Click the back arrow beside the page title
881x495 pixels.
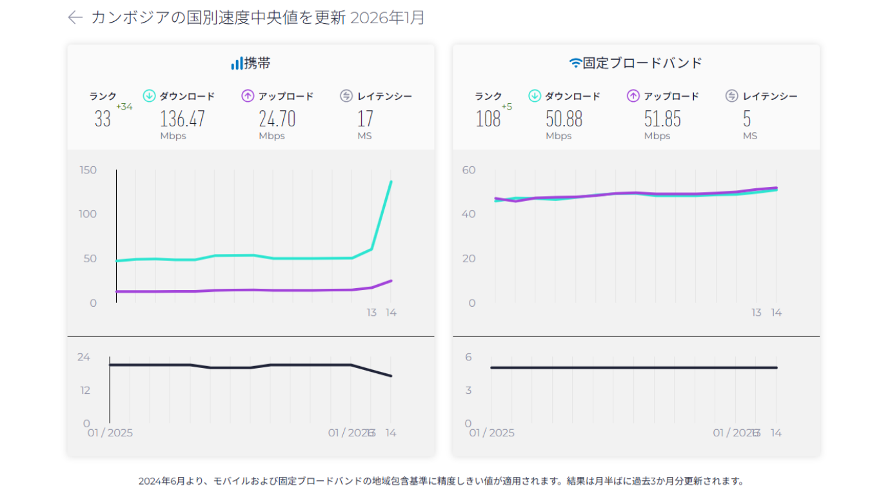(75, 17)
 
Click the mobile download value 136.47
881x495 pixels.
(183, 119)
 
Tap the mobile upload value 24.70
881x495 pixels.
(277, 119)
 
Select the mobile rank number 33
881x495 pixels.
(103, 119)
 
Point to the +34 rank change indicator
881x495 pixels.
(124, 106)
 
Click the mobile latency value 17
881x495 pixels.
(365, 119)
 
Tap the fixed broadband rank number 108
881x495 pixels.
(488, 119)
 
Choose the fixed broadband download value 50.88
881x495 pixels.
(564, 119)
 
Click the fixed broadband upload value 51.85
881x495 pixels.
(662, 119)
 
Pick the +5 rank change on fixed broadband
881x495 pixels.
(506, 106)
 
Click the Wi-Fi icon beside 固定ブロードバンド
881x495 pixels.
(575, 63)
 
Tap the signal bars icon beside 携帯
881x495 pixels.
(237, 63)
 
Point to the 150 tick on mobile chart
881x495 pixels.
(88, 170)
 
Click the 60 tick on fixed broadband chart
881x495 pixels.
(469, 170)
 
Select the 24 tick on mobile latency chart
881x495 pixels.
(84, 358)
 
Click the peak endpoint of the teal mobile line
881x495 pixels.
(391, 182)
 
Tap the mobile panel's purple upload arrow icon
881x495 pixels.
(248, 96)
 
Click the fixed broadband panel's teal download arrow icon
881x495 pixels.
(535, 96)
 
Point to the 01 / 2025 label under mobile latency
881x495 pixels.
(110, 432)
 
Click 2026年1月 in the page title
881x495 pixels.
(387, 17)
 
